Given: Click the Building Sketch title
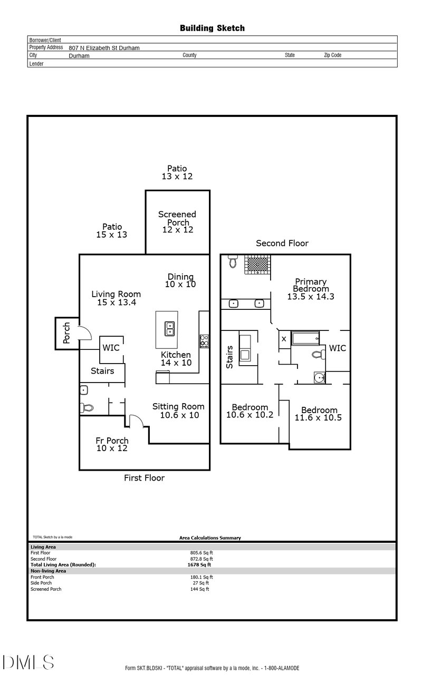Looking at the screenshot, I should coord(212,28).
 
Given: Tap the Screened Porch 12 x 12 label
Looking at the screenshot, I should coord(177,222).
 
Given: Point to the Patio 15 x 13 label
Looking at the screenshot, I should coord(112,231).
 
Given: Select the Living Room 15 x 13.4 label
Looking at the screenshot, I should coord(116,298).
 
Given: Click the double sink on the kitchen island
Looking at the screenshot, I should coord(170,329).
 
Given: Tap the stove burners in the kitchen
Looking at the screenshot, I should coord(204,341).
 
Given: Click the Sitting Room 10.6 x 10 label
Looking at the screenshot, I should coord(178,410).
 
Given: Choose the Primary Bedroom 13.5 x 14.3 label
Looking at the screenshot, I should coord(311,289).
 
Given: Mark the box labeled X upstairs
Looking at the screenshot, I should coord(284,339).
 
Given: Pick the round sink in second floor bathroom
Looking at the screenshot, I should coord(319,377).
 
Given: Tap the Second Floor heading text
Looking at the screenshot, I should coord(282,243).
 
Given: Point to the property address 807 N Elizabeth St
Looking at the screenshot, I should coord(104,48).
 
